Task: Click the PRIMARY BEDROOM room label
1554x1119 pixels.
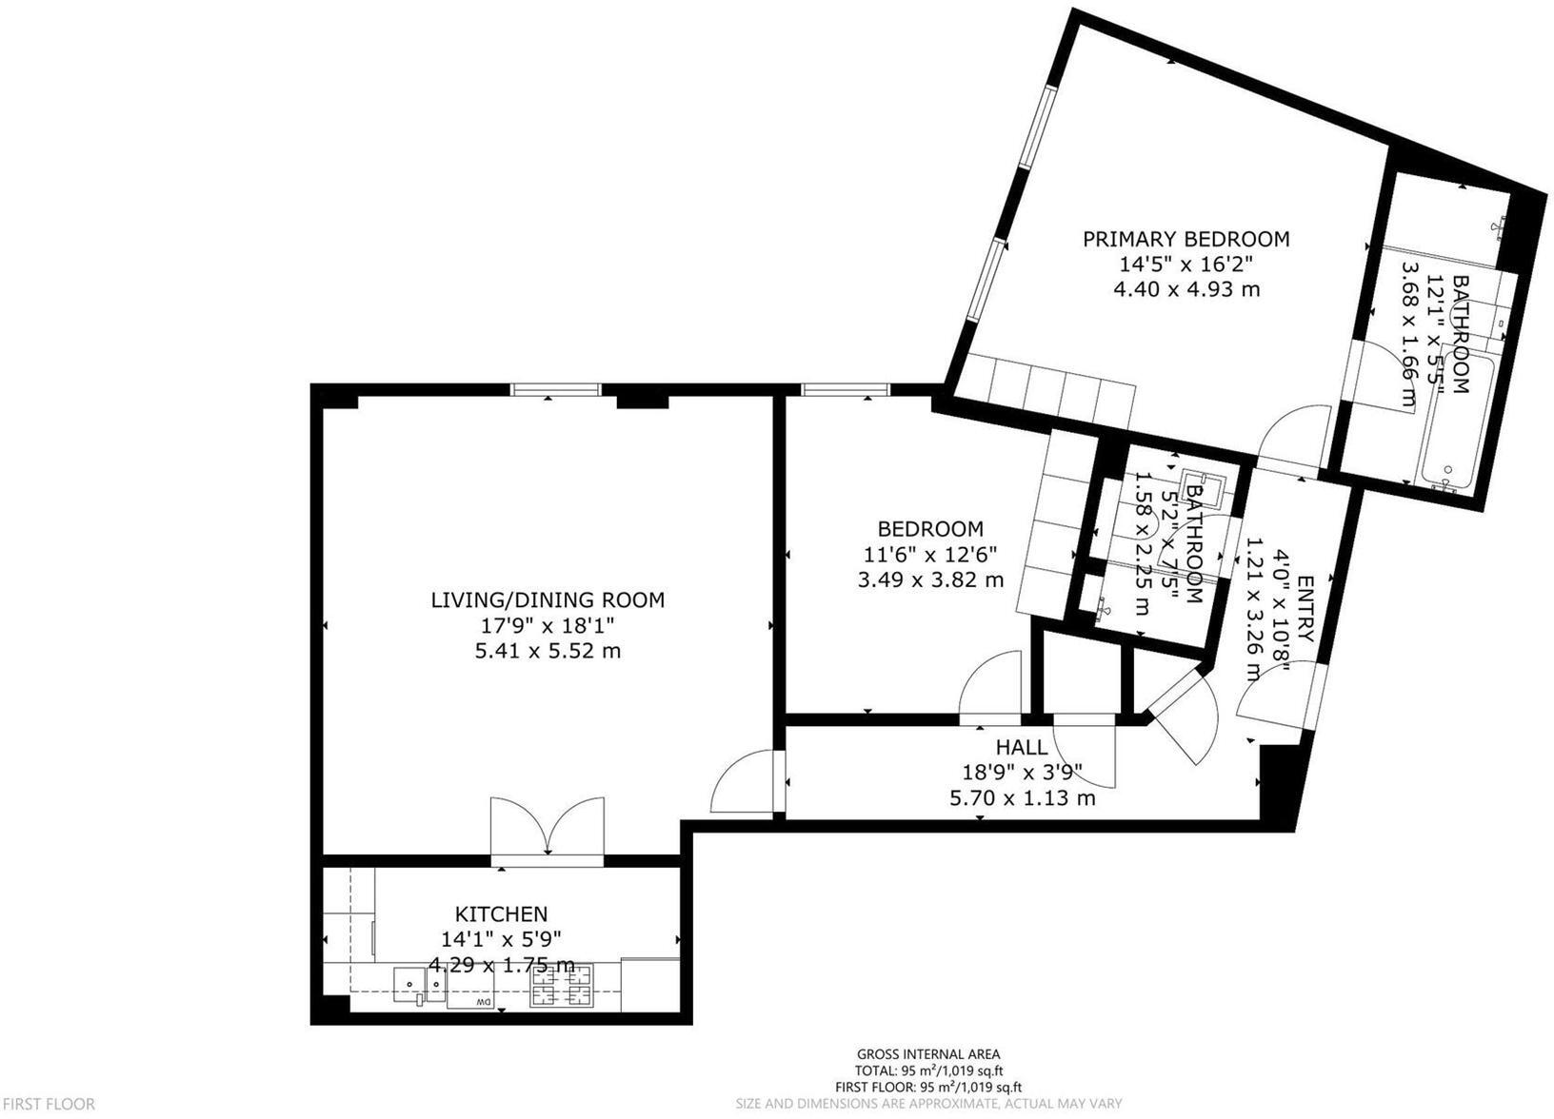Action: point(1185,239)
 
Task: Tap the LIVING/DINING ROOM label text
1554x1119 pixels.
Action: point(548,599)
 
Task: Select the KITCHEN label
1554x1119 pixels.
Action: point(501,914)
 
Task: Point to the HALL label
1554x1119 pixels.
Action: point(1022,747)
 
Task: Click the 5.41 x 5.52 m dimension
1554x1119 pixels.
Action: point(548,651)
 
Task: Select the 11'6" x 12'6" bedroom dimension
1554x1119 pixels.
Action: point(929,554)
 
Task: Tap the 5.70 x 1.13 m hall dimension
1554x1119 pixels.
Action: point(1022,798)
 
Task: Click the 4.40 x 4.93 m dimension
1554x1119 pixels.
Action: point(1185,289)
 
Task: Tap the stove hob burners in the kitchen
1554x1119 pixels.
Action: point(561,985)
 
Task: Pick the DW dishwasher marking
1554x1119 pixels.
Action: point(483,1004)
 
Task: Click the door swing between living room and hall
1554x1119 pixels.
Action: point(744,782)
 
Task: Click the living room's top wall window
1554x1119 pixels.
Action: point(556,389)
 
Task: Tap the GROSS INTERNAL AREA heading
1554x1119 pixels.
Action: point(927,1053)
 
